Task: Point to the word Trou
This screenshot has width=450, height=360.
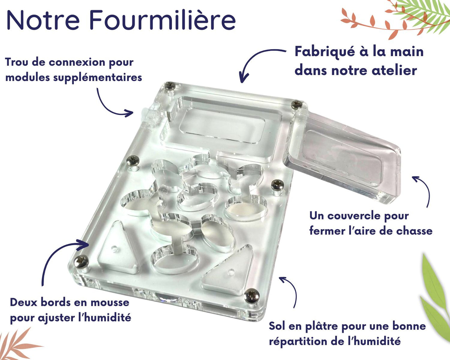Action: pyautogui.click(x=17, y=62)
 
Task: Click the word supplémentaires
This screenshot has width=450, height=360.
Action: pyautogui.click(x=97, y=78)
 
